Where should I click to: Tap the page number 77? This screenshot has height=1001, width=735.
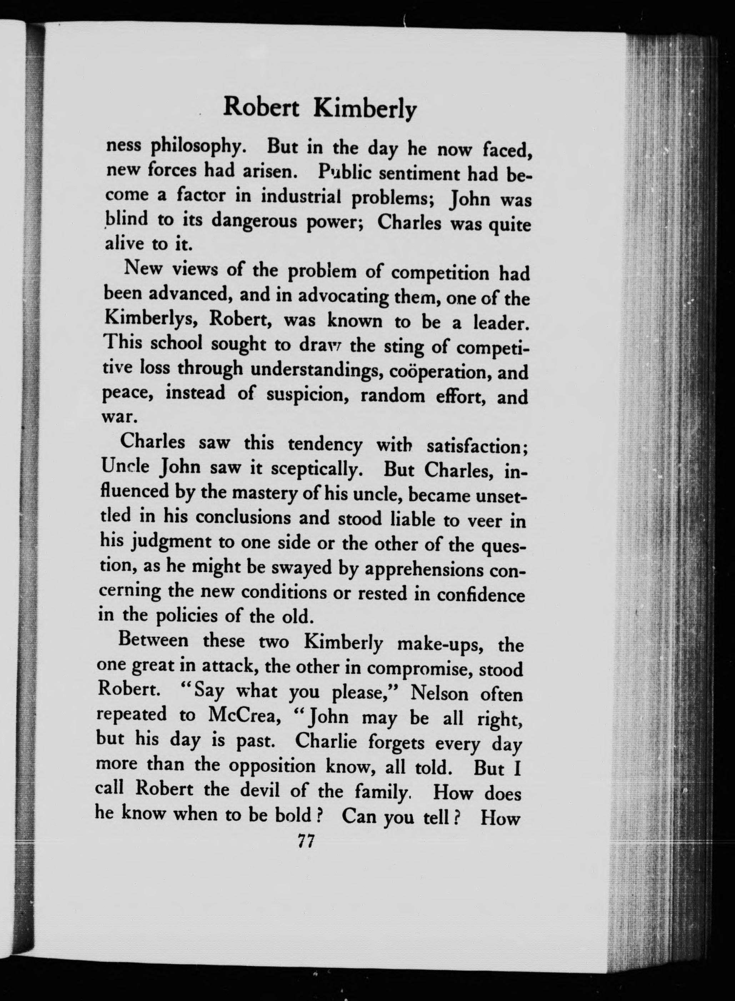[x=306, y=842]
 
